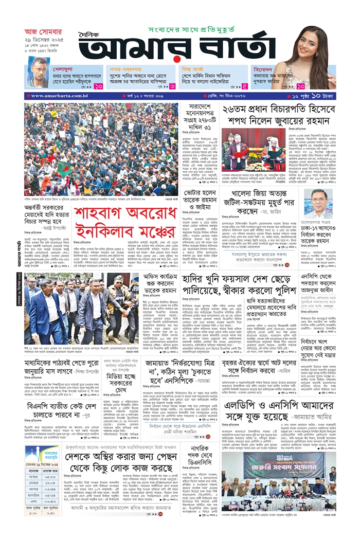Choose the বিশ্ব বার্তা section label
(x=194, y=68)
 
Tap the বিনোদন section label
(x=265, y=68)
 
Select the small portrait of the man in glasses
(x=320, y=203)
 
